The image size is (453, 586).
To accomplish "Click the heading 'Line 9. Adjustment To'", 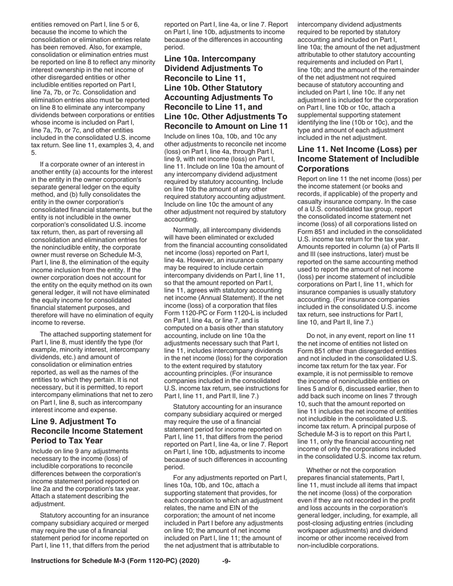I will coord(73,421).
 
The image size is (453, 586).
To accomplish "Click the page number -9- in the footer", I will coord(226,561).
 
